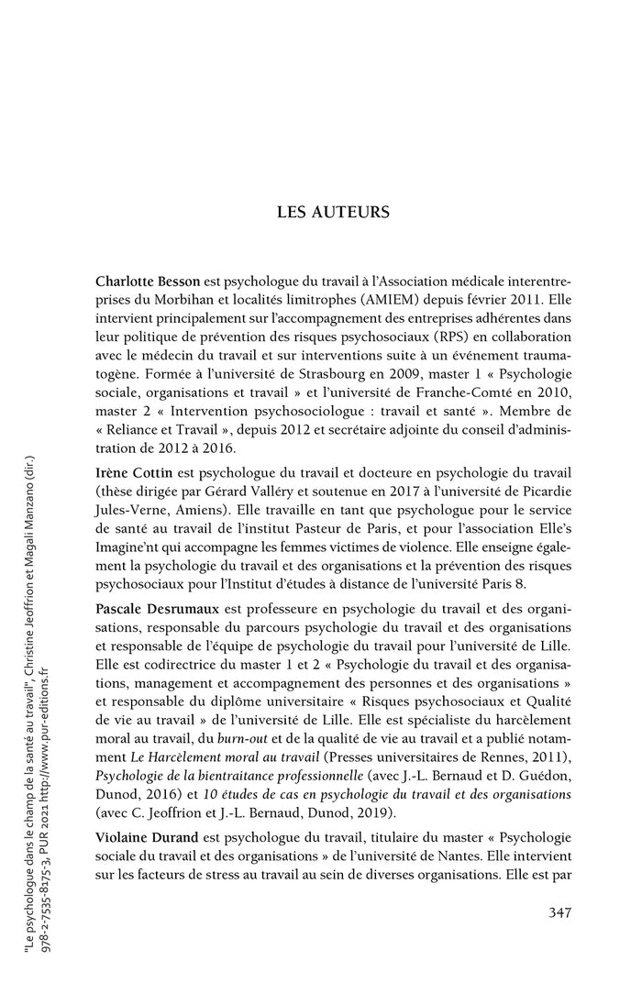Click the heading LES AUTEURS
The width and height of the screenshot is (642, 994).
click(333, 212)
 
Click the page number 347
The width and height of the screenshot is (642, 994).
click(559, 912)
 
